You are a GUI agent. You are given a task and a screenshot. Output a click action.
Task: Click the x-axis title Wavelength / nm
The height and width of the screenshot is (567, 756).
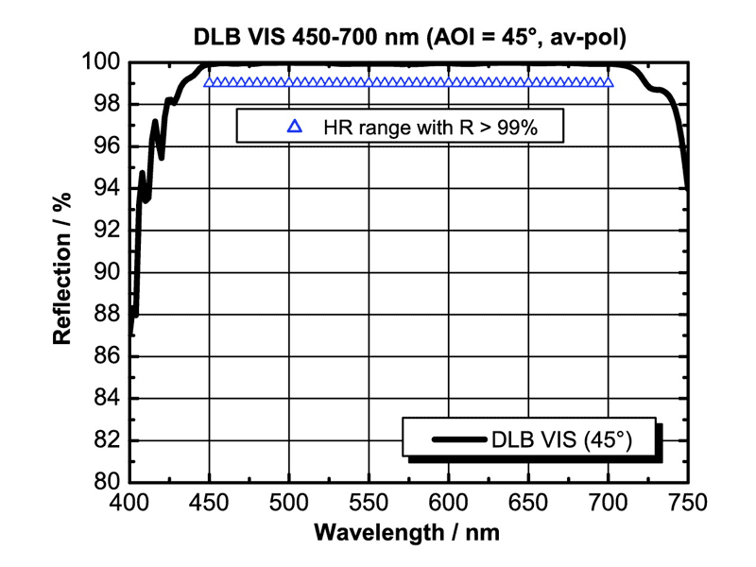407,531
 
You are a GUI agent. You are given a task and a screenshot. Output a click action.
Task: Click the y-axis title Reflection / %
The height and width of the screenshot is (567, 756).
63,272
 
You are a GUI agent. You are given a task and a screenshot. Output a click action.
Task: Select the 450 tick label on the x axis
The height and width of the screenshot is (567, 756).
209,502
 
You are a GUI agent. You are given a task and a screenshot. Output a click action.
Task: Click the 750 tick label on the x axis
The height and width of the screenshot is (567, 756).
686,502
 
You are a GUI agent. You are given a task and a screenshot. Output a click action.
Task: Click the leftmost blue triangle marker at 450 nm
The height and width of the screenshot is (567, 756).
209,82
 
